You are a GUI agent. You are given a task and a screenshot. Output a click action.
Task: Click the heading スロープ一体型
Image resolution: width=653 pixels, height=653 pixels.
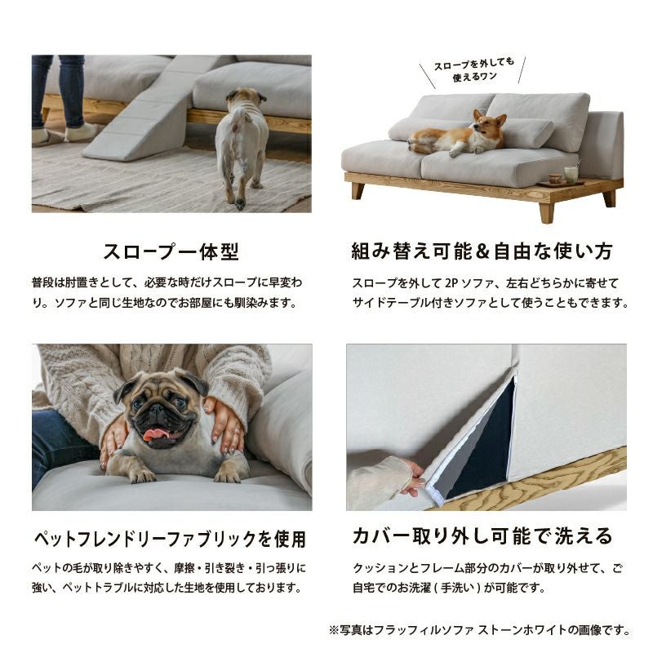[x=171, y=251]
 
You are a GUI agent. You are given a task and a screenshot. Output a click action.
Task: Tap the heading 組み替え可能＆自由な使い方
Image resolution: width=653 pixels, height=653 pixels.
[x=482, y=251]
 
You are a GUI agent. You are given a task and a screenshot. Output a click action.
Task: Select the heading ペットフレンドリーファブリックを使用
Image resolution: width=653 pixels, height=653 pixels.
[x=170, y=539]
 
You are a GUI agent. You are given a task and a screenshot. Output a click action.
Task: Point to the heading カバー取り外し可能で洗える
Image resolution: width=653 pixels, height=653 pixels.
[x=482, y=536]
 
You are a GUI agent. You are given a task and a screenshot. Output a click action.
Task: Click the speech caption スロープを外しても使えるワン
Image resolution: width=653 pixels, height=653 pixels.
[x=474, y=69]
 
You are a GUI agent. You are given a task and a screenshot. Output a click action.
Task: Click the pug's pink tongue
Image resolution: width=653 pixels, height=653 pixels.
[x=157, y=434]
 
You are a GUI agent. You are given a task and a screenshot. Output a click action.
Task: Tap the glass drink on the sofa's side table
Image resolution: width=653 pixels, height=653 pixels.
[x=569, y=174]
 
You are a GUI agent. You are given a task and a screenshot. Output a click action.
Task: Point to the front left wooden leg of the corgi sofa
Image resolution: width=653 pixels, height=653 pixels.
[x=358, y=190]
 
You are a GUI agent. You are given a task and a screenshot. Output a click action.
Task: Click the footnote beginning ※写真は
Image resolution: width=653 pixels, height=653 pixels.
[x=479, y=630]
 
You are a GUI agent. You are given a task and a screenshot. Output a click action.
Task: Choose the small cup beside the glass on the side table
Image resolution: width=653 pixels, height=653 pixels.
[x=553, y=178]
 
